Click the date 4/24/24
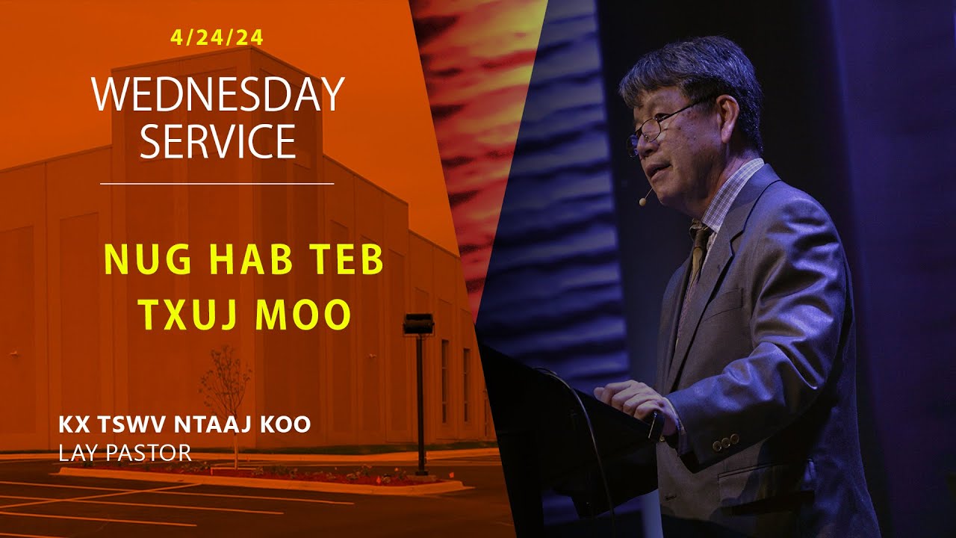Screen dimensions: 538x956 coord(217,37)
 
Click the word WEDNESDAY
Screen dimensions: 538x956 coord(217,96)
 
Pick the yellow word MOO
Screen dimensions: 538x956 coord(302,315)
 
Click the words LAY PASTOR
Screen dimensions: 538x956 coord(125,452)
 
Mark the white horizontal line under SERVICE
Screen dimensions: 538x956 coord(217,183)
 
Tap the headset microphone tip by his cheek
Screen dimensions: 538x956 coord(642,201)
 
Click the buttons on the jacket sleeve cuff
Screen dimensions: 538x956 coord(724,445)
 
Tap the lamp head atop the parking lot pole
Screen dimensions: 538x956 coord(418,324)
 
